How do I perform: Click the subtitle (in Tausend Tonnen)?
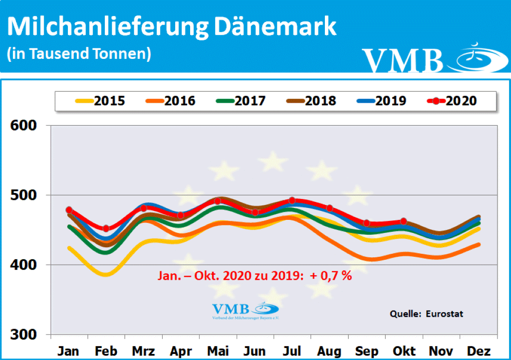click(x=78, y=53)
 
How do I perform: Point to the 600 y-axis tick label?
click(x=24, y=125)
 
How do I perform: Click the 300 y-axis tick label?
click(x=24, y=335)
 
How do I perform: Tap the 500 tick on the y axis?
click(x=24, y=195)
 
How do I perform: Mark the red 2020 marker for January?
click(x=69, y=210)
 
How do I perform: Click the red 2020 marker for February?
click(x=106, y=228)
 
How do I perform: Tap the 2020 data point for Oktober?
click(x=404, y=221)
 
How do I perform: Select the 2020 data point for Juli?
click(x=292, y=200)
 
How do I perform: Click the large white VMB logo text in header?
click(x=403, y=60)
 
